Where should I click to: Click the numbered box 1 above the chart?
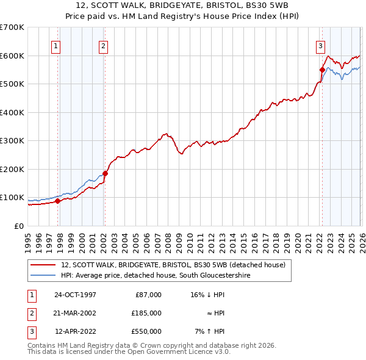56,45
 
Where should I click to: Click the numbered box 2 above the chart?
103,45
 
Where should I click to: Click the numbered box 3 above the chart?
320,45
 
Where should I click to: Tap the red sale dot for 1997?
58,201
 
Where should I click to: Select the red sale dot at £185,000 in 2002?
105,173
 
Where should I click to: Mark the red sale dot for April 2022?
321,70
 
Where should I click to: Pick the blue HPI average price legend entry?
156,276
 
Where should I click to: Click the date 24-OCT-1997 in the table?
75,295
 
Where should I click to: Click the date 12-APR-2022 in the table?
75,331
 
